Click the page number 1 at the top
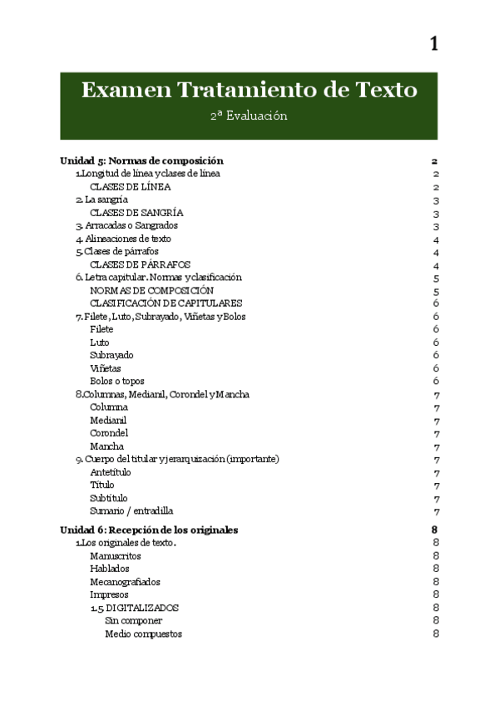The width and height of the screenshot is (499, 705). [433, 44]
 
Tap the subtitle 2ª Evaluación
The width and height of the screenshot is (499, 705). [249, 116]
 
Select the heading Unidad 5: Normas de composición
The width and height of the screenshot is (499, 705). [142, 160]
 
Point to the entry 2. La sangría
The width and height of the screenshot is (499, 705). [101, 200]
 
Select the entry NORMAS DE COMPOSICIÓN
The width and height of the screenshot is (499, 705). [151, 290]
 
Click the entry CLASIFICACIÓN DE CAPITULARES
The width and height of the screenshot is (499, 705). [166, 303]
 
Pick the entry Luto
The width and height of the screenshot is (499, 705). [99, 342]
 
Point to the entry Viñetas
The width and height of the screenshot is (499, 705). [105, 367]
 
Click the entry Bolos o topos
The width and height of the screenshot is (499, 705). [117, 381]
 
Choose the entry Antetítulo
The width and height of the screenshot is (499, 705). [110, 472]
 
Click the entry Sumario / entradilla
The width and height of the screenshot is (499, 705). [131, 510]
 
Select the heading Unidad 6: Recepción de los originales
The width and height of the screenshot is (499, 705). [150, 530]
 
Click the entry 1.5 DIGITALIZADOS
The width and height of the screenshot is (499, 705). [134, 608]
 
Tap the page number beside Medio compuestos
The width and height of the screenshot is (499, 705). [436, 634]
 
